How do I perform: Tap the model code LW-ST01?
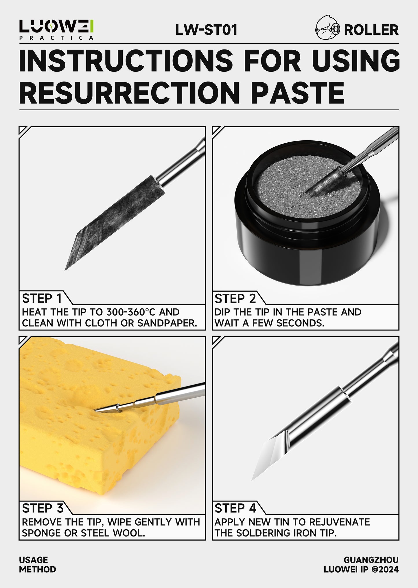206,30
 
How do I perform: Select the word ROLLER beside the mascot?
371,30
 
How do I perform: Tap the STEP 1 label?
42,298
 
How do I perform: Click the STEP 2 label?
235,298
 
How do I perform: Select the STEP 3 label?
42,508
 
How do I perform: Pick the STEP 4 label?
235,508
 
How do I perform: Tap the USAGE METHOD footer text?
37,565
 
